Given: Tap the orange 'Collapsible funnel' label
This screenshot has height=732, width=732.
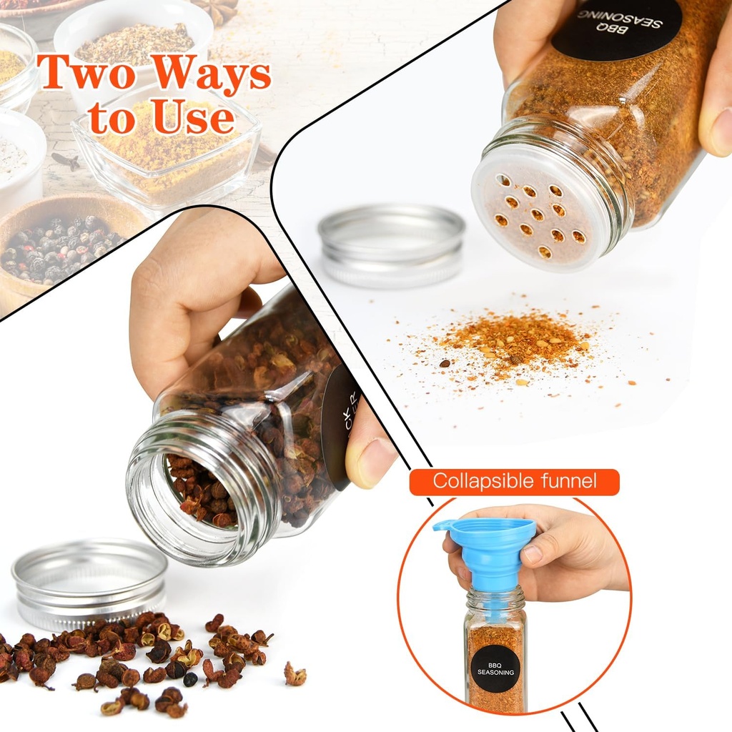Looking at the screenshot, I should [514, 481].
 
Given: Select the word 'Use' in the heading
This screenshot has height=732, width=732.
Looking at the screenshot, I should [193, 117].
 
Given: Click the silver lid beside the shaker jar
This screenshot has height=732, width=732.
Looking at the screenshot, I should [392, 243].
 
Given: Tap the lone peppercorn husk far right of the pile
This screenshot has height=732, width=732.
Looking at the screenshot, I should [295, 673].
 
